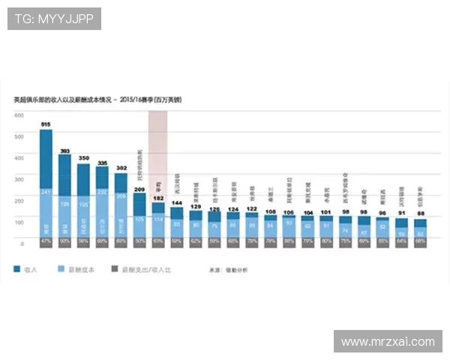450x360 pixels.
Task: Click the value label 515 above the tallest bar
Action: (x=46, y=124)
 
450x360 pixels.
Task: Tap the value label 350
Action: (x=83, y=158)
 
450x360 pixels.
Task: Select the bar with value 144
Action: (x=177, y=222)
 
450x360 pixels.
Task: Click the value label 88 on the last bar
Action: (x=421, y=212)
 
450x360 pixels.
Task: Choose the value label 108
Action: (x=271, y=211)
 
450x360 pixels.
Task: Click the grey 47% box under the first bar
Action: (x=46, y=243)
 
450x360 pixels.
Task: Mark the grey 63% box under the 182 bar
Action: (x=158, y=243)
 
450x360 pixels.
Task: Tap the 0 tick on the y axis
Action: (x=22, y=244)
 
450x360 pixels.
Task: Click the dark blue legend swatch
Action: (x=16, y=268)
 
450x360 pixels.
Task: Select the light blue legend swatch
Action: (x=61, y=268)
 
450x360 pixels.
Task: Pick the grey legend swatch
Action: (x=114, y=268)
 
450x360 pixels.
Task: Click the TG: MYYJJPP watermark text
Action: (x=54, y=19)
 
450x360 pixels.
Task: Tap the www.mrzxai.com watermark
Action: (x=388, y=341)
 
